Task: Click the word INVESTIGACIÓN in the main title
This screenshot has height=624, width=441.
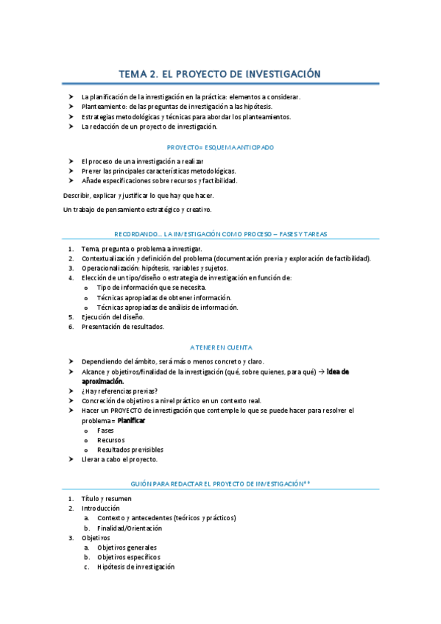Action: pos(283,74)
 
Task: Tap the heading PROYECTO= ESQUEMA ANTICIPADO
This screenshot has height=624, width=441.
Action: pos(220,147)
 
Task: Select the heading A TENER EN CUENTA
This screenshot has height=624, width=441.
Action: pos(221,347)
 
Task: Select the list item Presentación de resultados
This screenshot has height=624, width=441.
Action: pos(122,327)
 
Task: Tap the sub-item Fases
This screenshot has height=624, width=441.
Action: pos(105,430)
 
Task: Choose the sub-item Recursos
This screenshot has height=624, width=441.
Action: pos(110,440)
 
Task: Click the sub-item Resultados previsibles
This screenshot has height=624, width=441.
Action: pos(130,450)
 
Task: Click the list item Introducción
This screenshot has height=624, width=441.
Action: pos(100,508)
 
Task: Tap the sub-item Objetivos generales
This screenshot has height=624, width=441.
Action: pos(127,547)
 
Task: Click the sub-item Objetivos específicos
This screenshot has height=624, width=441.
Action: pos(128,557)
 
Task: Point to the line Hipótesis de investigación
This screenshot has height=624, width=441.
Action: pos(135,567)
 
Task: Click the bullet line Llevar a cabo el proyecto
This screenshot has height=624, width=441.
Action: pos(119,459)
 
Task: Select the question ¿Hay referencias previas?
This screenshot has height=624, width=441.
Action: pos(119,391)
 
